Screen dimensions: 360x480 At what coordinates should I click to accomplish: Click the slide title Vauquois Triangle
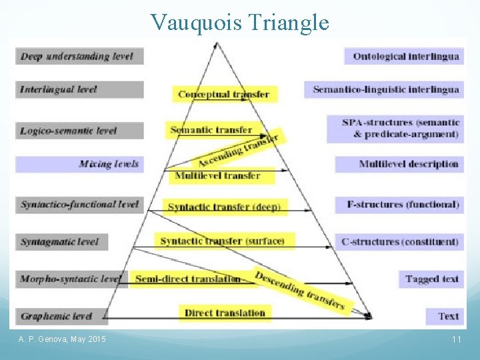click(x=240, y=22)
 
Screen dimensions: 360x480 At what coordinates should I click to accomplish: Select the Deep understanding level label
click(x=79, y=56)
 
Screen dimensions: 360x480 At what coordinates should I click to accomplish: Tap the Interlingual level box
click(x=79, y=89)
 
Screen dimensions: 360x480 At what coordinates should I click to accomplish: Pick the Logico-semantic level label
click(x=79, y=130)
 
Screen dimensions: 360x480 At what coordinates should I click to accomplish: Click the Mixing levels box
click(x=79, y=164)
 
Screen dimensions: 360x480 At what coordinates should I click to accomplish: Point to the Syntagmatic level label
click(x=61, y=241)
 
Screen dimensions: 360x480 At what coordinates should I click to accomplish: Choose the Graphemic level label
click(x=61, y=315)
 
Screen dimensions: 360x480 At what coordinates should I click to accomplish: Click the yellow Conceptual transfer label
click(x=223, y=94)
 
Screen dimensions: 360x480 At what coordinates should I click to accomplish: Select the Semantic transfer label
click(x=211, y=129)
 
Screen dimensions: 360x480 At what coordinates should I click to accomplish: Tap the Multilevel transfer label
click(x=217, y=176)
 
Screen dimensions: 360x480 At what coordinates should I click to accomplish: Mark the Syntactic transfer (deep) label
click(x=223, y=207)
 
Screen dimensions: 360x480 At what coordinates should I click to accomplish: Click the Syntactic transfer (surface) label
click(x=223, y=241)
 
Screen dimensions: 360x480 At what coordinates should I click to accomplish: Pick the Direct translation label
click(x=225, y=313)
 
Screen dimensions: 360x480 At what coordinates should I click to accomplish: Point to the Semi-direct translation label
click(x=187, y=279)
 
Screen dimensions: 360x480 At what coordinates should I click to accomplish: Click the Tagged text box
click(x=432, y=279)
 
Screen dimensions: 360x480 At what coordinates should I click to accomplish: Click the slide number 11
click(x=457, y=340)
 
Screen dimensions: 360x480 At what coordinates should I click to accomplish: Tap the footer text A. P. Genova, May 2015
click(x=62, y=340)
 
